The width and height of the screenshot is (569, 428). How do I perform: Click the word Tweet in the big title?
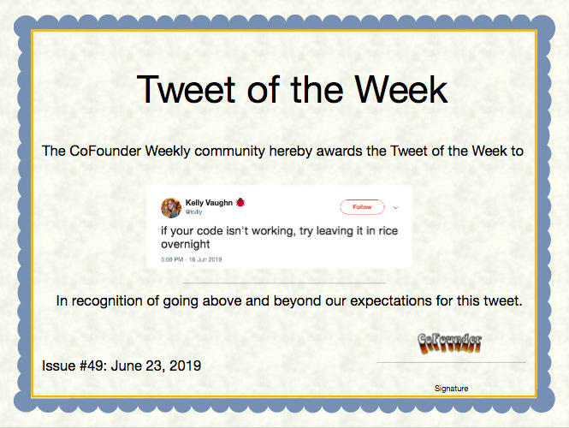coord(187,89)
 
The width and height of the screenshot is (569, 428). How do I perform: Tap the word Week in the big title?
coord(401,89)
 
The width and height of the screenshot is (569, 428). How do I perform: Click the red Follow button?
coord(362,207)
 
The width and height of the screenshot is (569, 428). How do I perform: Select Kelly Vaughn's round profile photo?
coord(171,208)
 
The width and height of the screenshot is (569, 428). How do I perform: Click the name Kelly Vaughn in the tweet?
coord(209,203)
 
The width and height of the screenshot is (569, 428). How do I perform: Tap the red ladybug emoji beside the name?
coord(240,202)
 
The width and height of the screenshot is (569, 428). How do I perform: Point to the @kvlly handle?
coord(193,211)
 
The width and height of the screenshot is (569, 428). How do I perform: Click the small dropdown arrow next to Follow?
coord(395,208)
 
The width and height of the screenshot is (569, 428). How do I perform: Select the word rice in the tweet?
coord(388,231)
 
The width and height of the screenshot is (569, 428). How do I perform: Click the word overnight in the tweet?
coord(186,244)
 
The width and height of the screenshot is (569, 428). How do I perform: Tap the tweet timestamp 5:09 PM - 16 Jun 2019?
coord(192,259)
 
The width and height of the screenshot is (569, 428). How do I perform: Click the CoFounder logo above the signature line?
coord(450,343)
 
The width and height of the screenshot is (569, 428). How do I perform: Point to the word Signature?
coord(452,389)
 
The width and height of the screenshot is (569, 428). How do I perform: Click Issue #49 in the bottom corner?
coord(73,366)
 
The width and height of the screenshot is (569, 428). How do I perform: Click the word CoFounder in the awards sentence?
coord(105,151)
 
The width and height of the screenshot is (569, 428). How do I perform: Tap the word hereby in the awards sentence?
coord(291,151)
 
